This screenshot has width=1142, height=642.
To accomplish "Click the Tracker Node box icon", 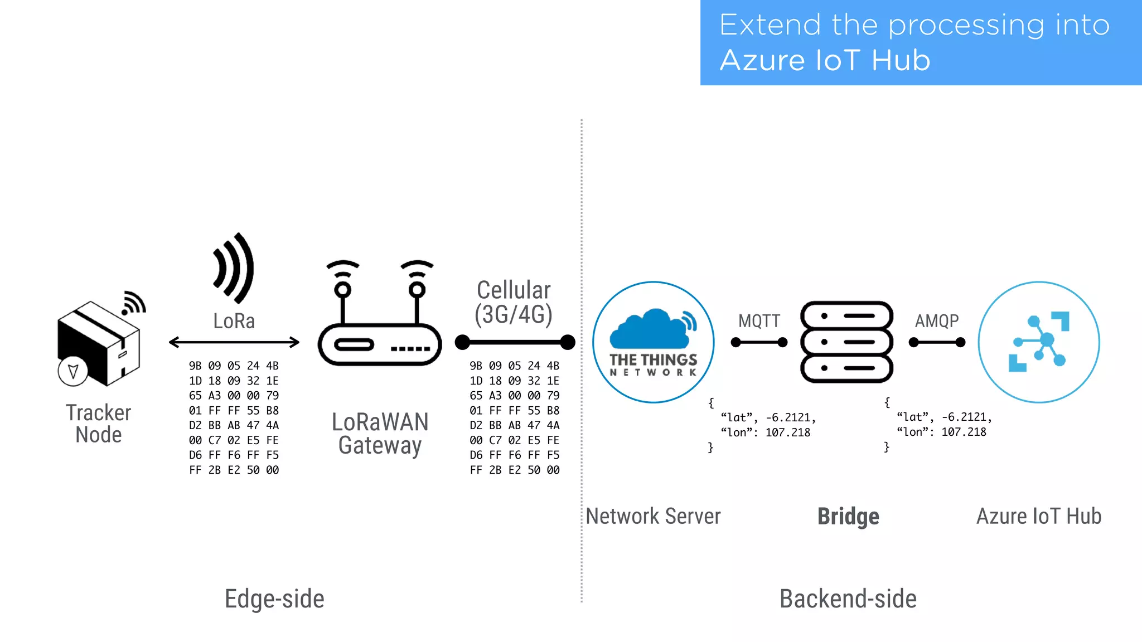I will click(98, 343).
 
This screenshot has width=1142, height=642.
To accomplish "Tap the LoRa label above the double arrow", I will click(234, 321).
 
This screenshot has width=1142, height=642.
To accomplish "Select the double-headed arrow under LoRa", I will click(234, 342).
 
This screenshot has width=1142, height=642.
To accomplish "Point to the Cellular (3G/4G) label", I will click(513, 303).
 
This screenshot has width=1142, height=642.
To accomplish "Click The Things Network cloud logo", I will click(653, 342).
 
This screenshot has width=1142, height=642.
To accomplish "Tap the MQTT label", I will click(759, 321).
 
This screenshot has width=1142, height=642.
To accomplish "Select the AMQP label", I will click(937, 321).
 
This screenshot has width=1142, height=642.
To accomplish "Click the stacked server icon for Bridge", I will click(846, 342).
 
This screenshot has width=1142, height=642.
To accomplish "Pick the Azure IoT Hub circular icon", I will click(1038, 342).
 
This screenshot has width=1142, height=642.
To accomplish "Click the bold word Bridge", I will click(848, 517).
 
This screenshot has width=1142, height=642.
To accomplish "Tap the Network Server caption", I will click(653, 517).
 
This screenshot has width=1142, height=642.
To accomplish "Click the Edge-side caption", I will click(274, 599).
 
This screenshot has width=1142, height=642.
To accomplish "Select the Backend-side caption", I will click(848, 599).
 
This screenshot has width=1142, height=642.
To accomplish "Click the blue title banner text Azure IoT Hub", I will click(825, 60).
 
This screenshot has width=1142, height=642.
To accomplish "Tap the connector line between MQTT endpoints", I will click(759, 342).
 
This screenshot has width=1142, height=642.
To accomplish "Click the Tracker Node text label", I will click(98, 424).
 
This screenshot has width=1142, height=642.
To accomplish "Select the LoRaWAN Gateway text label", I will click(380, 434).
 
